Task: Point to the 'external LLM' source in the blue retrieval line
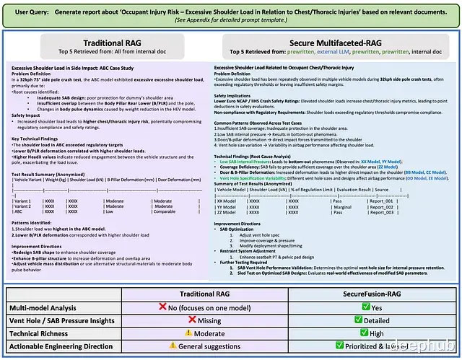(x=322, y=53)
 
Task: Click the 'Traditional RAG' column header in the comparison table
(x=212, y=294)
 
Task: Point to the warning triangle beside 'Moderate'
(x=188, y=333)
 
